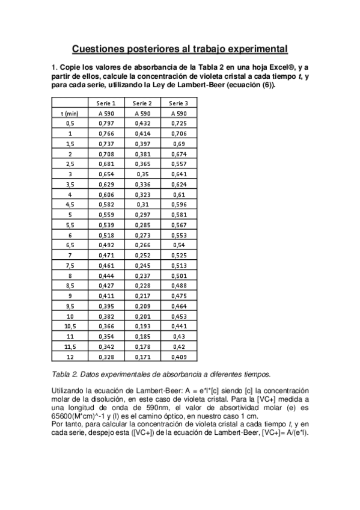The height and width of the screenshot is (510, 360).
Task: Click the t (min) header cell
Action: [x=70, y=113]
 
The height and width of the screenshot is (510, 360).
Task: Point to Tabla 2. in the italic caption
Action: [x=64, y=373]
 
